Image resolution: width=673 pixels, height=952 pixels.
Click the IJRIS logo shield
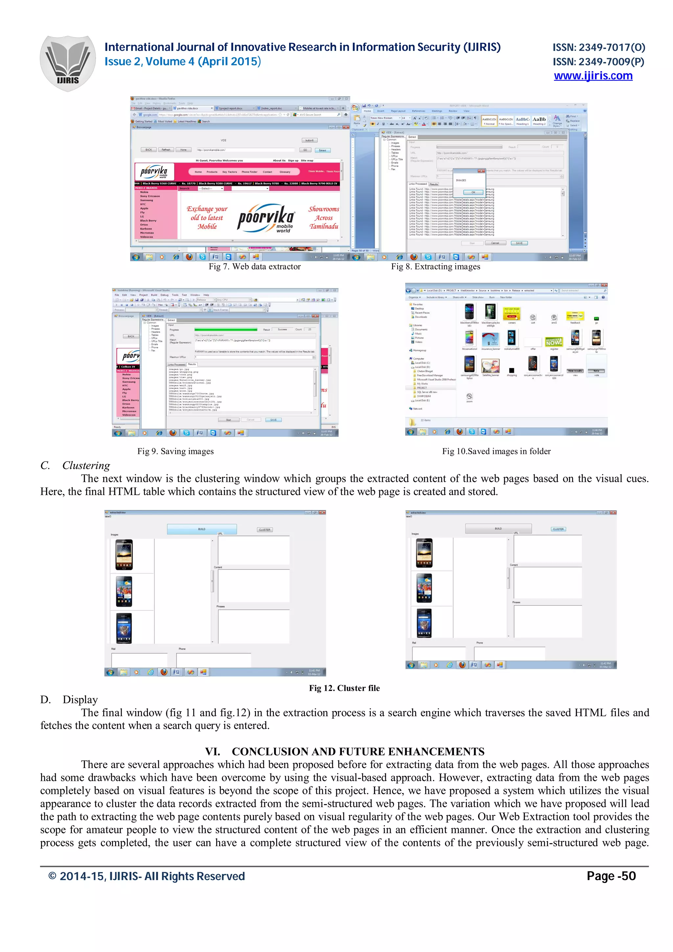(68, 63)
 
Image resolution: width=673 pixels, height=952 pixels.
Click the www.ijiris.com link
(593, 76)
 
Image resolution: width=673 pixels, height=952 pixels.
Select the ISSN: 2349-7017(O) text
(598, 47)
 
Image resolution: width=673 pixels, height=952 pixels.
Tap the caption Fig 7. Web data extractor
(255, 267)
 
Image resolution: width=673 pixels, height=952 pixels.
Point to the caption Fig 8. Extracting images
(435, 267)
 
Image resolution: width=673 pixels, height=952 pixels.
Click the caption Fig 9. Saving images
(175, 451)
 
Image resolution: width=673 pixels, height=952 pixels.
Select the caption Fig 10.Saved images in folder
(496, 451)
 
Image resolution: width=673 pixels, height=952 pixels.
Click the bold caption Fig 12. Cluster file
(344, 688)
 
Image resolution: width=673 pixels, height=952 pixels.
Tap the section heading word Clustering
(86, 465)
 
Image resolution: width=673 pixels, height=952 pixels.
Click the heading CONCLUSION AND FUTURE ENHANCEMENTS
(358, 751)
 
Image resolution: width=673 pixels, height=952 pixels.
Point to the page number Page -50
(611, 876)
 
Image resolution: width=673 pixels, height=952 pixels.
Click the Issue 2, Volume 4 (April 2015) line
(182, 62)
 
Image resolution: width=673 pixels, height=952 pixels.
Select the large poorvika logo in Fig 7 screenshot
(266, 218)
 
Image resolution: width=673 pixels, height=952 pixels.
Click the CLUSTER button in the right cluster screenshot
(558, 529)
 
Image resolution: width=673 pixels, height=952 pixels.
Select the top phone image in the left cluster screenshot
(124, 555)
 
